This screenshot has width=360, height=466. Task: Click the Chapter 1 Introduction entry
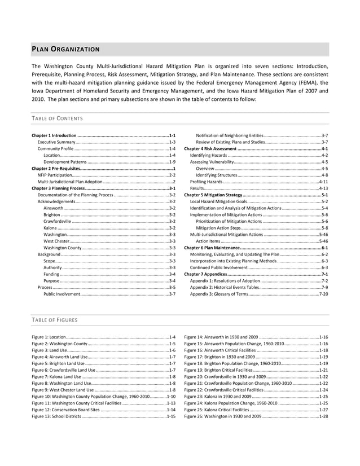pyautogui.click(x=54, y=136)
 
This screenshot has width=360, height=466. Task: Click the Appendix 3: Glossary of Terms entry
pyautogui.click(x=219, y=294)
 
